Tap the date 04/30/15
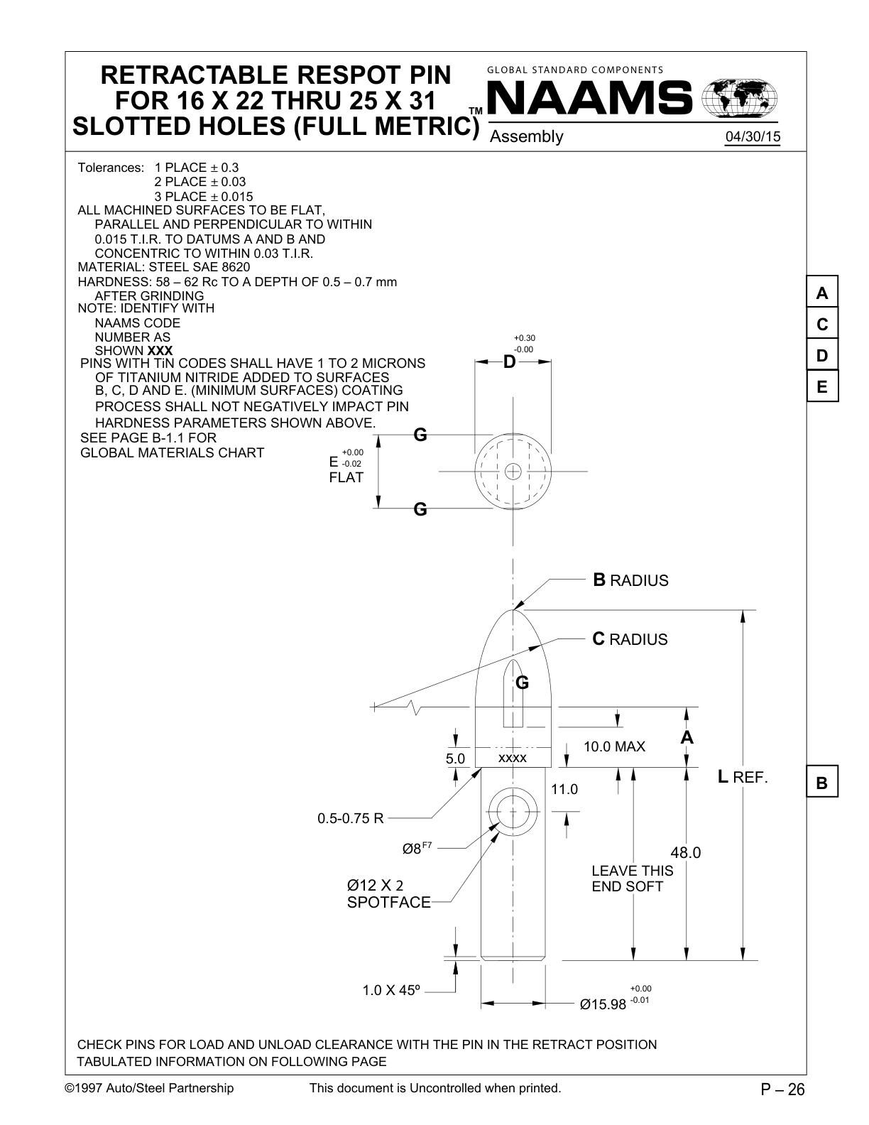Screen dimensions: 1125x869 coord(752,137)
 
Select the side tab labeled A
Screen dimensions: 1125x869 coord(822,293)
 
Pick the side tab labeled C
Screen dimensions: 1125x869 coord(822,325)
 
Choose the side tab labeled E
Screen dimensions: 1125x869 coord(822,387)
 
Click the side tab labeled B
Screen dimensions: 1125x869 coord(822,783)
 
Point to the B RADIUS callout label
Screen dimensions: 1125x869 coord(630,580)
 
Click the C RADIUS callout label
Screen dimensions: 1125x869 coord(630,639)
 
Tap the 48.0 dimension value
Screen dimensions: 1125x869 coord(685,852)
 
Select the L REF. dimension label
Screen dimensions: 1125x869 coord(743,777)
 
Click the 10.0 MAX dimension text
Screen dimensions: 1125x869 coord(614,746)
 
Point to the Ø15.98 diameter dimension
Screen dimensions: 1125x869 coord(603,1004)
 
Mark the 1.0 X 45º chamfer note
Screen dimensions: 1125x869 coord(391,990)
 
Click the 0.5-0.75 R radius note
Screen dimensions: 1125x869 coord(350,818)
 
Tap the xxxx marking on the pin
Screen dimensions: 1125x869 coord(513,759)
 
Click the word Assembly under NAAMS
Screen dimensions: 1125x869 coord(526,136)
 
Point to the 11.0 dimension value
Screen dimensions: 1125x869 coord(564,789)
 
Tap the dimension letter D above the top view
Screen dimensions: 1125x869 coord(509,362)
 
